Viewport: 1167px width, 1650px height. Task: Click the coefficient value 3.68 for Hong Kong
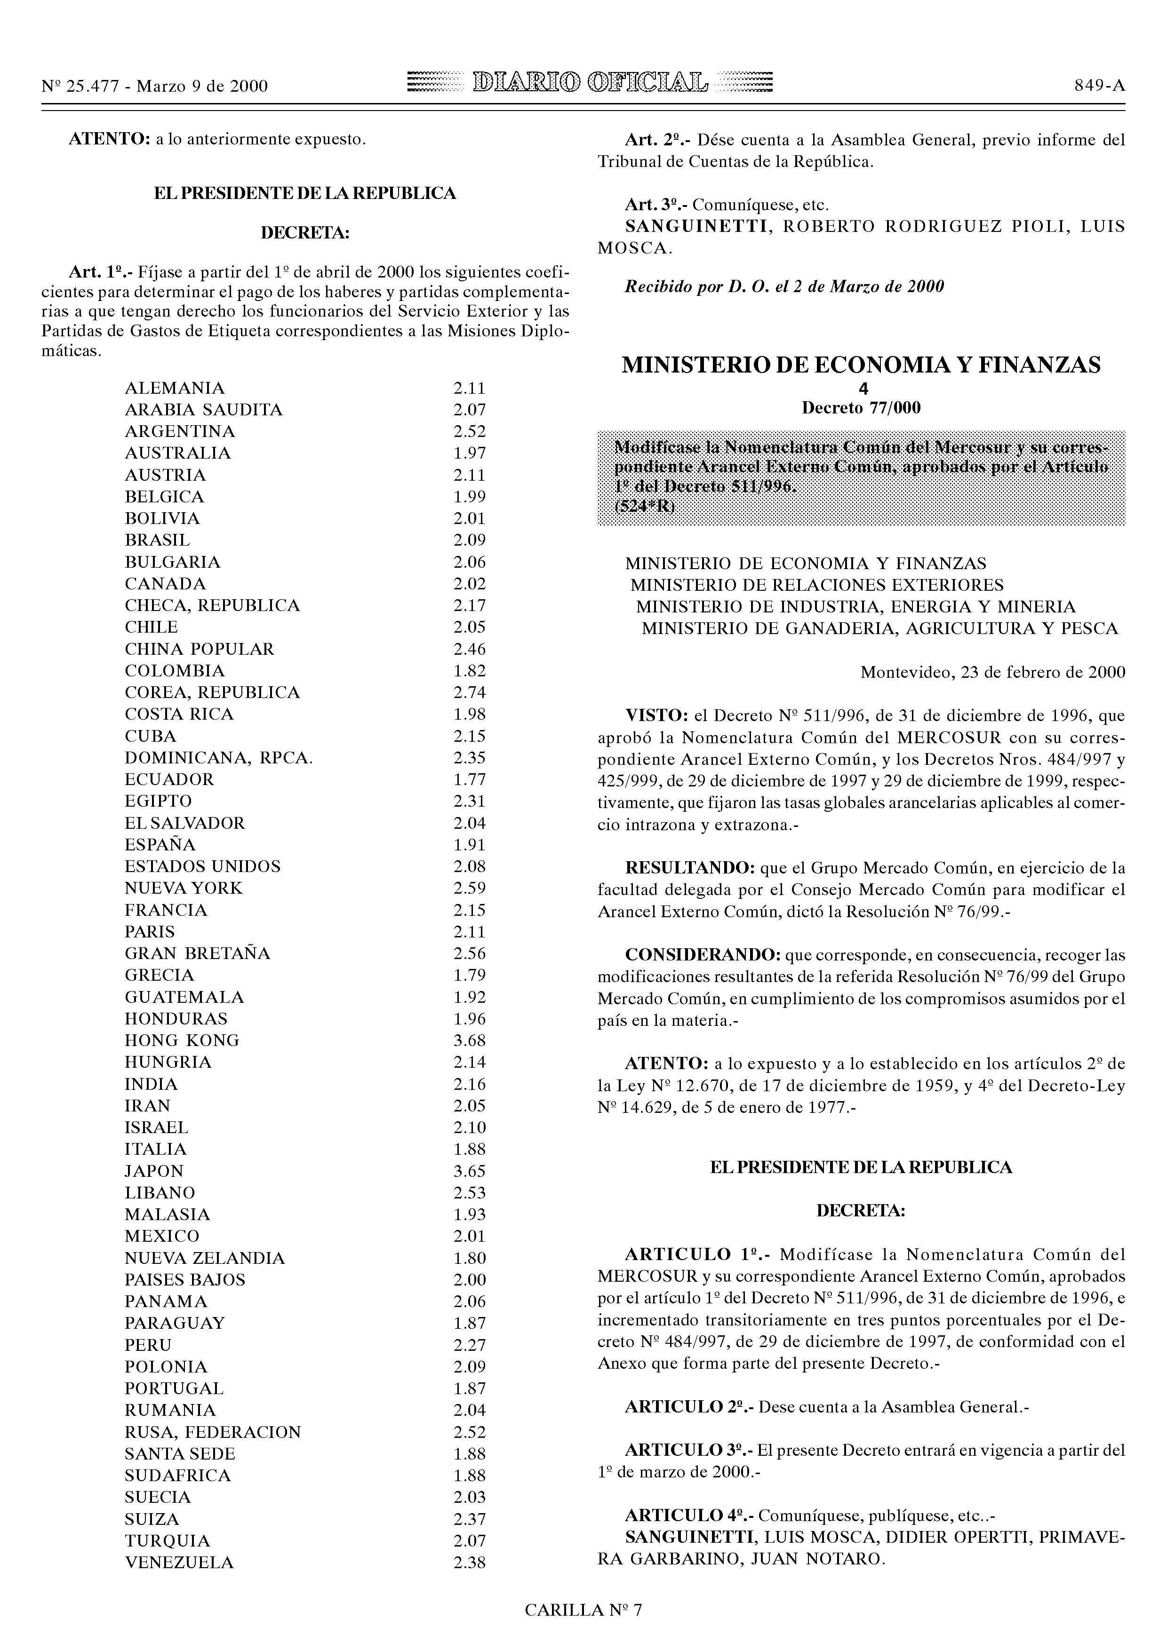pos(470,1040)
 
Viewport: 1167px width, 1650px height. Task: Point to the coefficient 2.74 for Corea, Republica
pos(470,692)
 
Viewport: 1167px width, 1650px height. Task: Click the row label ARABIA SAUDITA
pos(203,410)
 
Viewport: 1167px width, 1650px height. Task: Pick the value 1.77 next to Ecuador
pos(470,779)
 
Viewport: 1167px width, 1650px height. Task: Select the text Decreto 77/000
pos(861,408)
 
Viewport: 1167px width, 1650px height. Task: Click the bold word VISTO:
pos(656,716)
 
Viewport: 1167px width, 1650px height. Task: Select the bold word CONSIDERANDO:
pos(703,955)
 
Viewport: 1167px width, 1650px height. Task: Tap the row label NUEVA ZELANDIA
pos(204,1258)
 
